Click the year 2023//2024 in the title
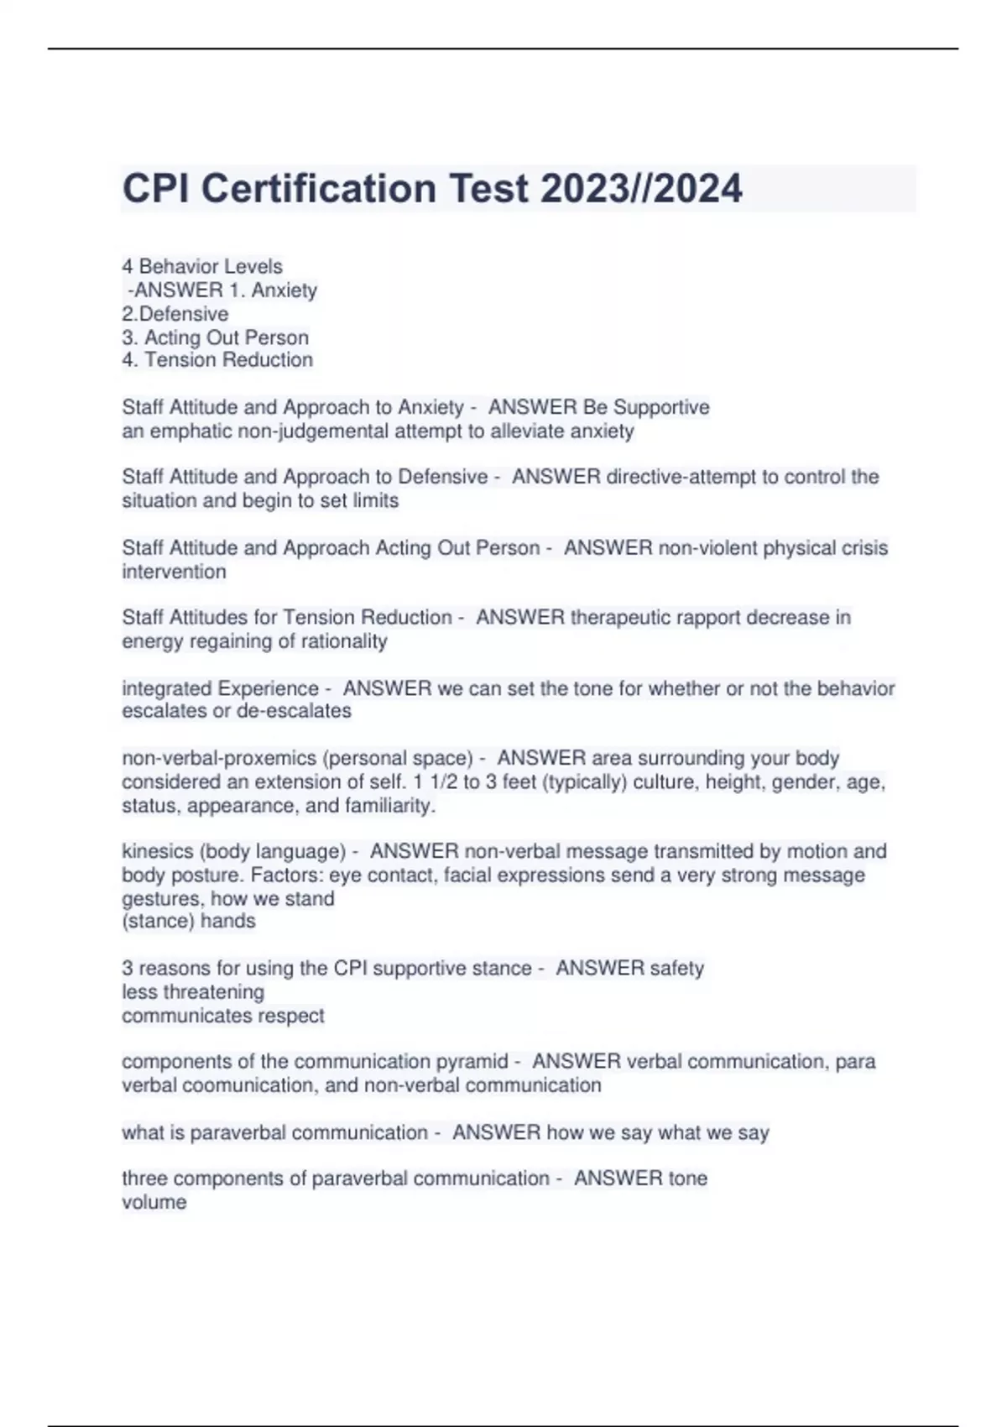pyautogui.click(x=641, y=188)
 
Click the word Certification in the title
pyautogui.click(x=318, y=188)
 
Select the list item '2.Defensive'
pyautogui.click(x=175, y=314)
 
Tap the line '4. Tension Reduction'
pyautogui.click(x=217, y=360)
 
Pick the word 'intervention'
pyautogui.click(x=174, y=572)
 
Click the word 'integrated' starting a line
pyautogui.click(x=166, y=688)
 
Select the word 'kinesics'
pyautogui.click(x=157, y=851)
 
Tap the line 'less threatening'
pyautogui.click(x=193, y=992)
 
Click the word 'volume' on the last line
pyautogui.click(x=154, y=1202)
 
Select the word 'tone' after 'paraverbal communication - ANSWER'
pyautogui.click(x=687, y=1179)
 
